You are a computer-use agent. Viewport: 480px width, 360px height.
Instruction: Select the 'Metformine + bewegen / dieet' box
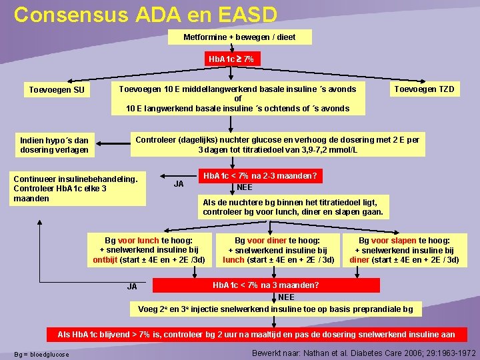pos(239,37)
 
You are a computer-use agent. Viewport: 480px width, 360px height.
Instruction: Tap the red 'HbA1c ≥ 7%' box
pos(231,59)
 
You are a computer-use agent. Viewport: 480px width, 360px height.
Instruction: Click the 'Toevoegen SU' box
pos(57,90)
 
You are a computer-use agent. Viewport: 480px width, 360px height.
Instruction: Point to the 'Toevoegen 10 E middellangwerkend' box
pos(237,99)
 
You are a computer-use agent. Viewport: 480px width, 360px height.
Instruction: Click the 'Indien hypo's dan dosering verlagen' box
pos(54,145)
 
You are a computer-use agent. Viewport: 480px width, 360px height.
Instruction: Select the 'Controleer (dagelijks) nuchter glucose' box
pos(277,145)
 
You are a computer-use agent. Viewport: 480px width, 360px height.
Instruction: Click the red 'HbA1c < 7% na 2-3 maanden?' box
pos(260,176)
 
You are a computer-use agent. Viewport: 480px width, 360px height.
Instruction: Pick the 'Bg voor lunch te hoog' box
pos(149,250)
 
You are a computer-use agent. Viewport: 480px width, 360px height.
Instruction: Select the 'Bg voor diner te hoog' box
pos(277,250)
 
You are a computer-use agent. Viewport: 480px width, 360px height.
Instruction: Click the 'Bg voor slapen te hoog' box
pos(404,250)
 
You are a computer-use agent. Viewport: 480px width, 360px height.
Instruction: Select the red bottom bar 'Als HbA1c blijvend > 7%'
pos(257,334)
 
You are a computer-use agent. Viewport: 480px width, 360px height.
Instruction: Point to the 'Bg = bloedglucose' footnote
pos(41,354)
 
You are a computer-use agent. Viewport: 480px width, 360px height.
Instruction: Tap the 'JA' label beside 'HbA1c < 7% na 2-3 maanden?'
pos(179,184)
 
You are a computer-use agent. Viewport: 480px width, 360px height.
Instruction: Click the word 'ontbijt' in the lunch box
pos(105,260)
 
